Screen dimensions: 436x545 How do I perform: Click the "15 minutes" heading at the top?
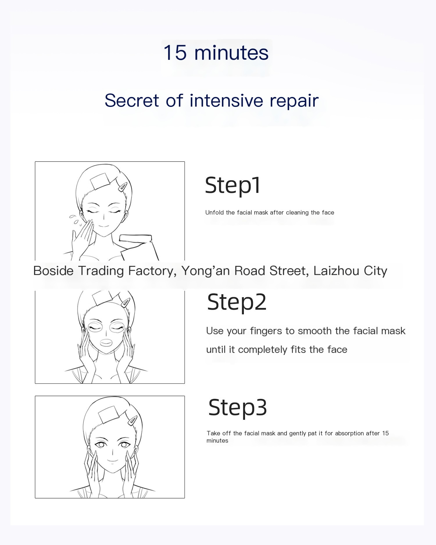[216, 53]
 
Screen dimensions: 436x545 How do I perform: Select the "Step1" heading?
[233, 185]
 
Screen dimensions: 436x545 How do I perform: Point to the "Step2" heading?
[237, 302]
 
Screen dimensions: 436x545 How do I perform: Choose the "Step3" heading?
[237, 407]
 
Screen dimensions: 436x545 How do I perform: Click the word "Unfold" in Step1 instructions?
[215, 212]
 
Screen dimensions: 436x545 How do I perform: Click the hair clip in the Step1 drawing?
[122, 187]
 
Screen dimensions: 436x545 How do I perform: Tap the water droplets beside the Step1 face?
[74, 220]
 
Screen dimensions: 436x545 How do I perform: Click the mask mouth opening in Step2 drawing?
[106, 343]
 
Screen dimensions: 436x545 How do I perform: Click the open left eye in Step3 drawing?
[101, 444]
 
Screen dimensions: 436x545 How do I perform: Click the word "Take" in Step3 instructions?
[213, 433]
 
